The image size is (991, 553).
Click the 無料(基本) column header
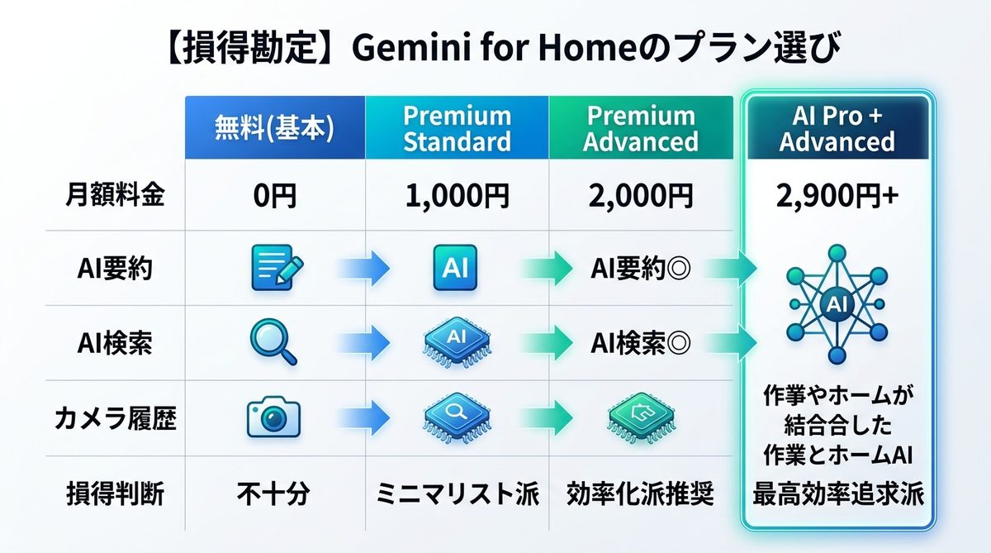point(274,127)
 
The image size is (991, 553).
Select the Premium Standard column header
point(457,127)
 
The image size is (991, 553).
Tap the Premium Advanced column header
point(640,127)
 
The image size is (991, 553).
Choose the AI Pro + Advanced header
point(837,127)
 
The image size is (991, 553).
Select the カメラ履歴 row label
point(115,419)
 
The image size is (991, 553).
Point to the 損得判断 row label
point(115,493)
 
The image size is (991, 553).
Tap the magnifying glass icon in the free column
point(274,343)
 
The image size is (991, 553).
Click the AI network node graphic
point(836,304)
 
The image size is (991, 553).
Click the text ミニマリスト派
point(457,493)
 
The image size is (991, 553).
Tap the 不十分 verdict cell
point(275,493)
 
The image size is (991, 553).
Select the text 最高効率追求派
point(837,495)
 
